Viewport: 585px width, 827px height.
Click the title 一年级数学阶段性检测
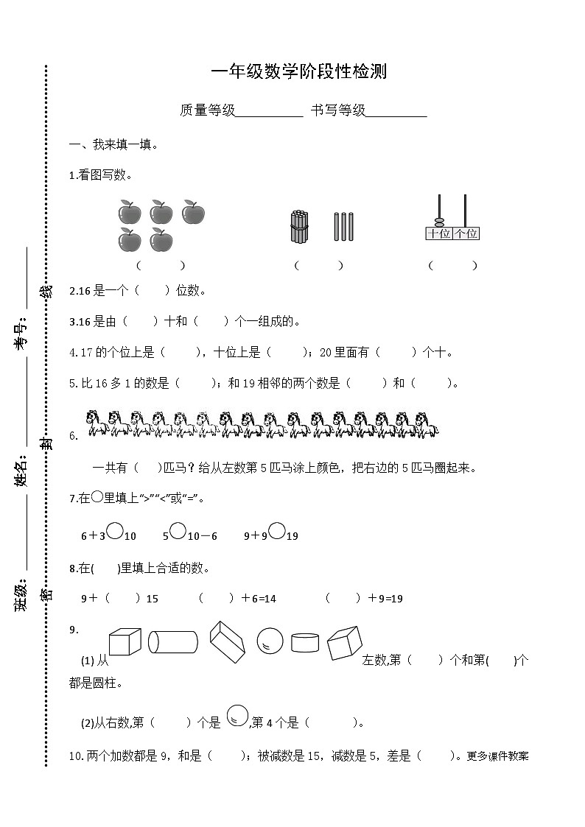pos(298,71)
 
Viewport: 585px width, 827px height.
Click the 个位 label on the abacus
pos(466,233)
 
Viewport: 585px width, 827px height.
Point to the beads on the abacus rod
pos(439,222)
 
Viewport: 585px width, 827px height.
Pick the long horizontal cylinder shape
pos(173,641)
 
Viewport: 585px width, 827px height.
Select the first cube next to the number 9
pos(124,641)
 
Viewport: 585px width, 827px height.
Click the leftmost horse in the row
pos(97,423)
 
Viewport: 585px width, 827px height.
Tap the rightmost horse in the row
pos(426,423)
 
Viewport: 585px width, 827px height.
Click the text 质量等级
pos(207,110)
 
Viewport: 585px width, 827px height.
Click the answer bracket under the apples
pos(161,265)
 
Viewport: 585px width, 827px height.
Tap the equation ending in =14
pos(237,599)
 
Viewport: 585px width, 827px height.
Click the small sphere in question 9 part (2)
pos(236,714)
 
